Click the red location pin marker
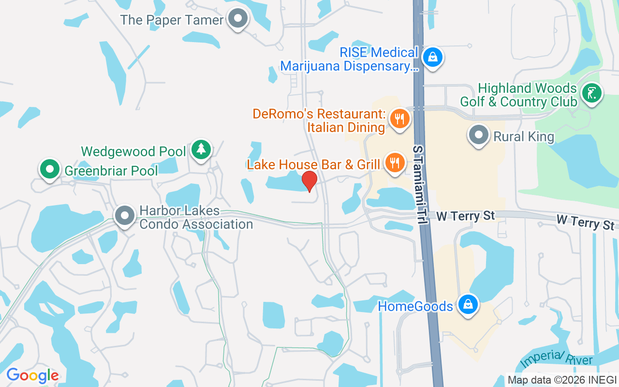[309, 180]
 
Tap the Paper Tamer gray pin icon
[237, 19]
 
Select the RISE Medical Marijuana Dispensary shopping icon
[432, 58]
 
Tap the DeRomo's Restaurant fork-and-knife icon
[399, 119]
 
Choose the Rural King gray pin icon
[479, 135]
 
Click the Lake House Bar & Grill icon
[395, 163]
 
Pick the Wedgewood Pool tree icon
[201, 149]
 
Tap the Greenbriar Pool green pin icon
[49, 170]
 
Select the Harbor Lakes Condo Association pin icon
[125, 215]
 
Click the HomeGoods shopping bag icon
[468, 305]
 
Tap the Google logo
[32, 375]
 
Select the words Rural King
[524, 137]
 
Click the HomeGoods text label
[415, 306]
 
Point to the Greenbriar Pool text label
[111, 171]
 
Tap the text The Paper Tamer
[172, 20]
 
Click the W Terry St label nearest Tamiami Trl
[466, 216]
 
